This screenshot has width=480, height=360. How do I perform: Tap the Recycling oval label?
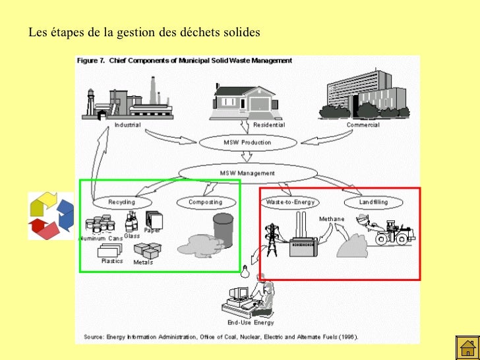point(122,202)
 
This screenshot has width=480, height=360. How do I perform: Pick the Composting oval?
point(206,202)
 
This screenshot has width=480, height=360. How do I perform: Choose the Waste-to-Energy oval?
point(290,202)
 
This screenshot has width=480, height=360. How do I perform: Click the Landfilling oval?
point(375,202)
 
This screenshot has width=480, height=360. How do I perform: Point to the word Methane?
point(332,219)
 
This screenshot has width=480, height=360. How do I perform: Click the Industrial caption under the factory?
point(127,125)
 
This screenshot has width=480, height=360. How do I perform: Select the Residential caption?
point(269,125)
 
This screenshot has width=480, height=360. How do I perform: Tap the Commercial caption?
point(363,125)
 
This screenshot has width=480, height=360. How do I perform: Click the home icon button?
point(467,347)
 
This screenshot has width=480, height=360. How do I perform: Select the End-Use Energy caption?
point(251,323)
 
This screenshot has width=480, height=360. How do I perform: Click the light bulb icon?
point(245,270)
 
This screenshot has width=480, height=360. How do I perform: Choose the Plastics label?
point(112,261)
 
